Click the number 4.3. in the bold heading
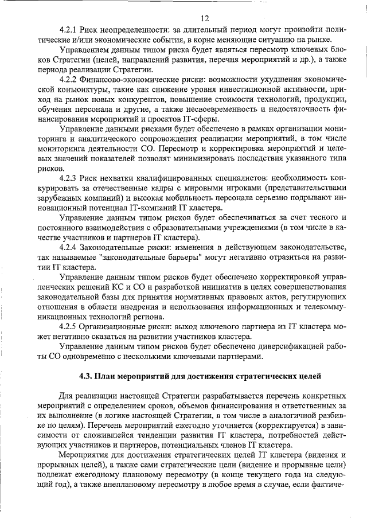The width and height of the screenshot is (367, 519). [87, 377]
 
